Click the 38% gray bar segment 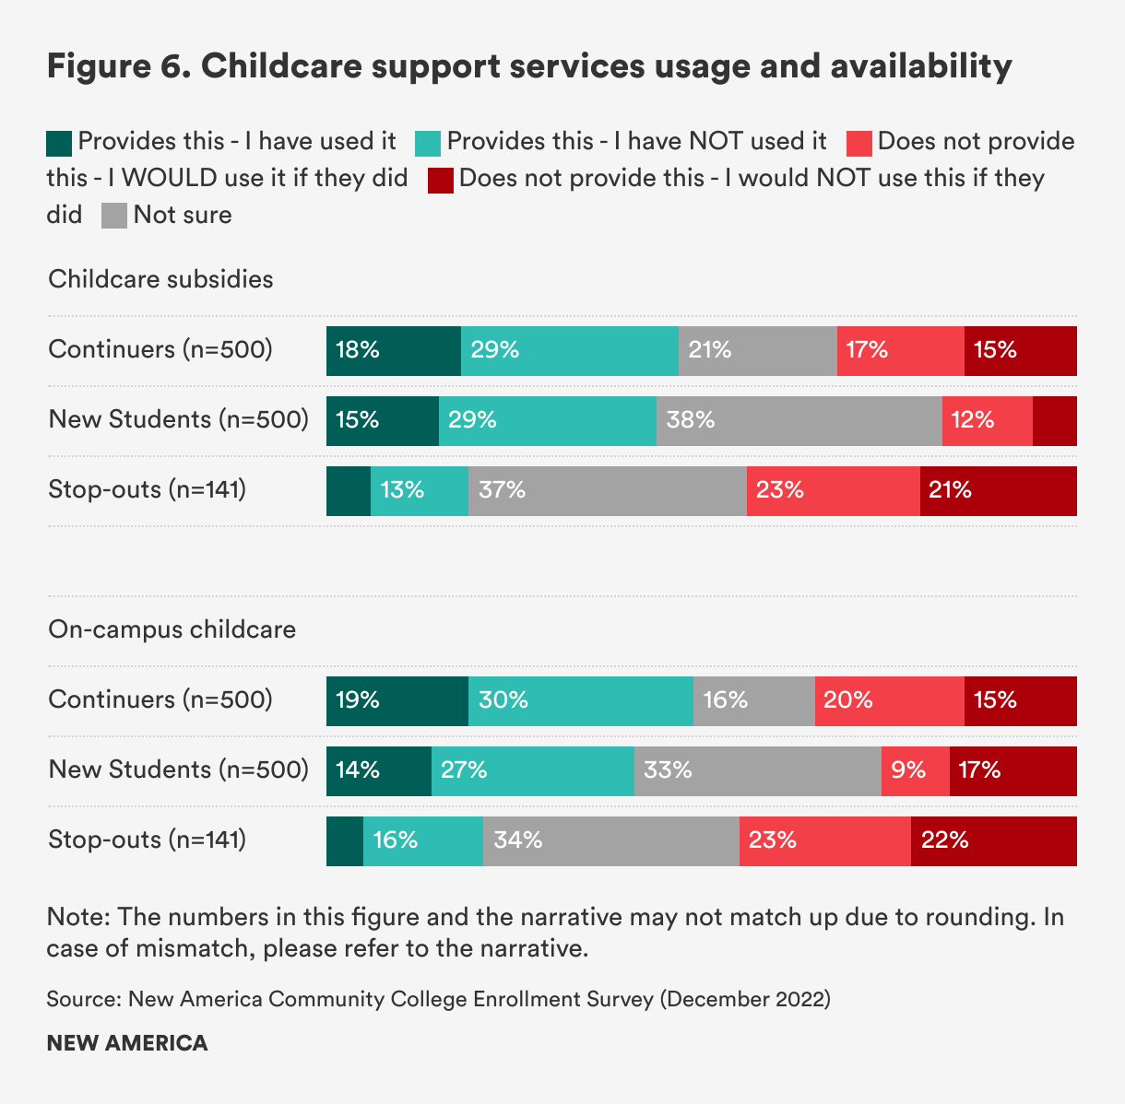(x=799, y=421)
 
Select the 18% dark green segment (x=393, y=351)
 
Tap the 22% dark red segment (x=993, y=841)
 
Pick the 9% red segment (x=915, y=771)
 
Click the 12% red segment (x=987, y=421)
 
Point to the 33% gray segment (x=757, y=771)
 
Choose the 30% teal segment (x=580, y=701)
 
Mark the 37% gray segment (x=607, y=491)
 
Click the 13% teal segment (x=419, y=491)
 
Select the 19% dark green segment (x=397, y=701)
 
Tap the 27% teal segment (x=532, y=771)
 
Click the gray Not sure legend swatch (x=114, y=217)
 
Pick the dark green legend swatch (x=59, y=143)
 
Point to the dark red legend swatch (x=440, y=180)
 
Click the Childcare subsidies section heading (x=160, y=279)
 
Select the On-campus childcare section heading (x=172, y=629)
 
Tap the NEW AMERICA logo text (x=127, y=1043)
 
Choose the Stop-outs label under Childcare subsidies (x=147, y=489)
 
